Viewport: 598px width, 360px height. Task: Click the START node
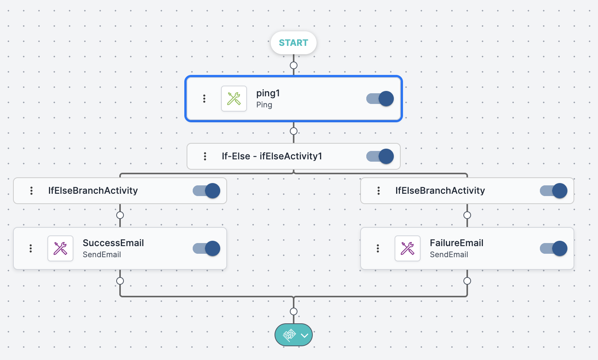pos(293,43)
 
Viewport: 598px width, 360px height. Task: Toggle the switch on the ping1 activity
pos(380,99)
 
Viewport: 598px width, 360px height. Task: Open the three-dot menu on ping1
pos(204,99)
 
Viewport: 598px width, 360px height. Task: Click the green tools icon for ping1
pos(234,99)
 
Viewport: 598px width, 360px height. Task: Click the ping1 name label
pos(268,93)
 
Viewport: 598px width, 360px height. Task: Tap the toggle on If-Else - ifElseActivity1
pos(380,156)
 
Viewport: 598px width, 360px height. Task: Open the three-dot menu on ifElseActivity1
pos(205,156)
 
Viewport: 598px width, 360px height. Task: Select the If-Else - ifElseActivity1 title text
pos(272,156)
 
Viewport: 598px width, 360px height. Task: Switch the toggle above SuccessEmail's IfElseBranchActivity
pos(206,191)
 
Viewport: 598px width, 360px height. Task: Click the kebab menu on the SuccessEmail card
pos(31,248)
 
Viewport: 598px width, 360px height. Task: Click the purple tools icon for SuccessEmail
pos(60,248)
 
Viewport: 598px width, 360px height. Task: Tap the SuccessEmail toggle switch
pos(206,248)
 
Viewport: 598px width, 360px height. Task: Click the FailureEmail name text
pos(457,243)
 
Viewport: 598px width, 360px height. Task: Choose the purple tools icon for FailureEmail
pos(408,248)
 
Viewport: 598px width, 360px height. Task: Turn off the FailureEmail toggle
pos(554,248)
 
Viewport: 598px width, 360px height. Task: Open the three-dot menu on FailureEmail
pos(378,248)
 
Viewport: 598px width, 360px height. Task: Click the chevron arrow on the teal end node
pos(304,336)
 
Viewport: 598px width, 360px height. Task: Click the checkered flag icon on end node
pos(289,335)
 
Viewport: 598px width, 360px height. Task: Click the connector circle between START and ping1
pos(294,65)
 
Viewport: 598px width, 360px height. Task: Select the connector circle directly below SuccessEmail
pos(120,281)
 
